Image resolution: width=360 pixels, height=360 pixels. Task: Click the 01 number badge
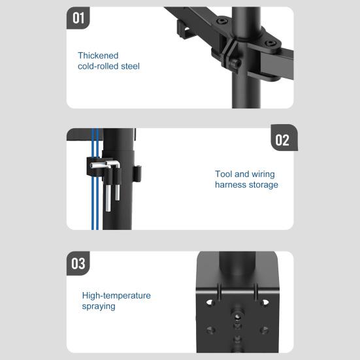(x=78, y=18)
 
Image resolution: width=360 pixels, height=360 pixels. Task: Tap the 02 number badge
(x=282, y=140)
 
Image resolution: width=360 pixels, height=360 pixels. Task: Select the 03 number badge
(x=78, y=263)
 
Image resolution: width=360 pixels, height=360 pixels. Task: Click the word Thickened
(x=98, y=56)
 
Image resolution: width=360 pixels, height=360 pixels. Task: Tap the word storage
(x=263, y=185)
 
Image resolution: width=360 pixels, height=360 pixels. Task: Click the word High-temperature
(x=116, y=295)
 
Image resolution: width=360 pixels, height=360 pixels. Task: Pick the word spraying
(x=99, y=306)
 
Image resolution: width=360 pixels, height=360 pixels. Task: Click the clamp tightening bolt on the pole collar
(x=234, y=64)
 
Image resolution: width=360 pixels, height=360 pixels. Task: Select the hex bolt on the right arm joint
(x=269, y=44)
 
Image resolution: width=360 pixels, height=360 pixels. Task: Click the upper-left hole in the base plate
(x=211, y=303)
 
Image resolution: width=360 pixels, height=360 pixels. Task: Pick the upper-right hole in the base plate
(x=265, y=303)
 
